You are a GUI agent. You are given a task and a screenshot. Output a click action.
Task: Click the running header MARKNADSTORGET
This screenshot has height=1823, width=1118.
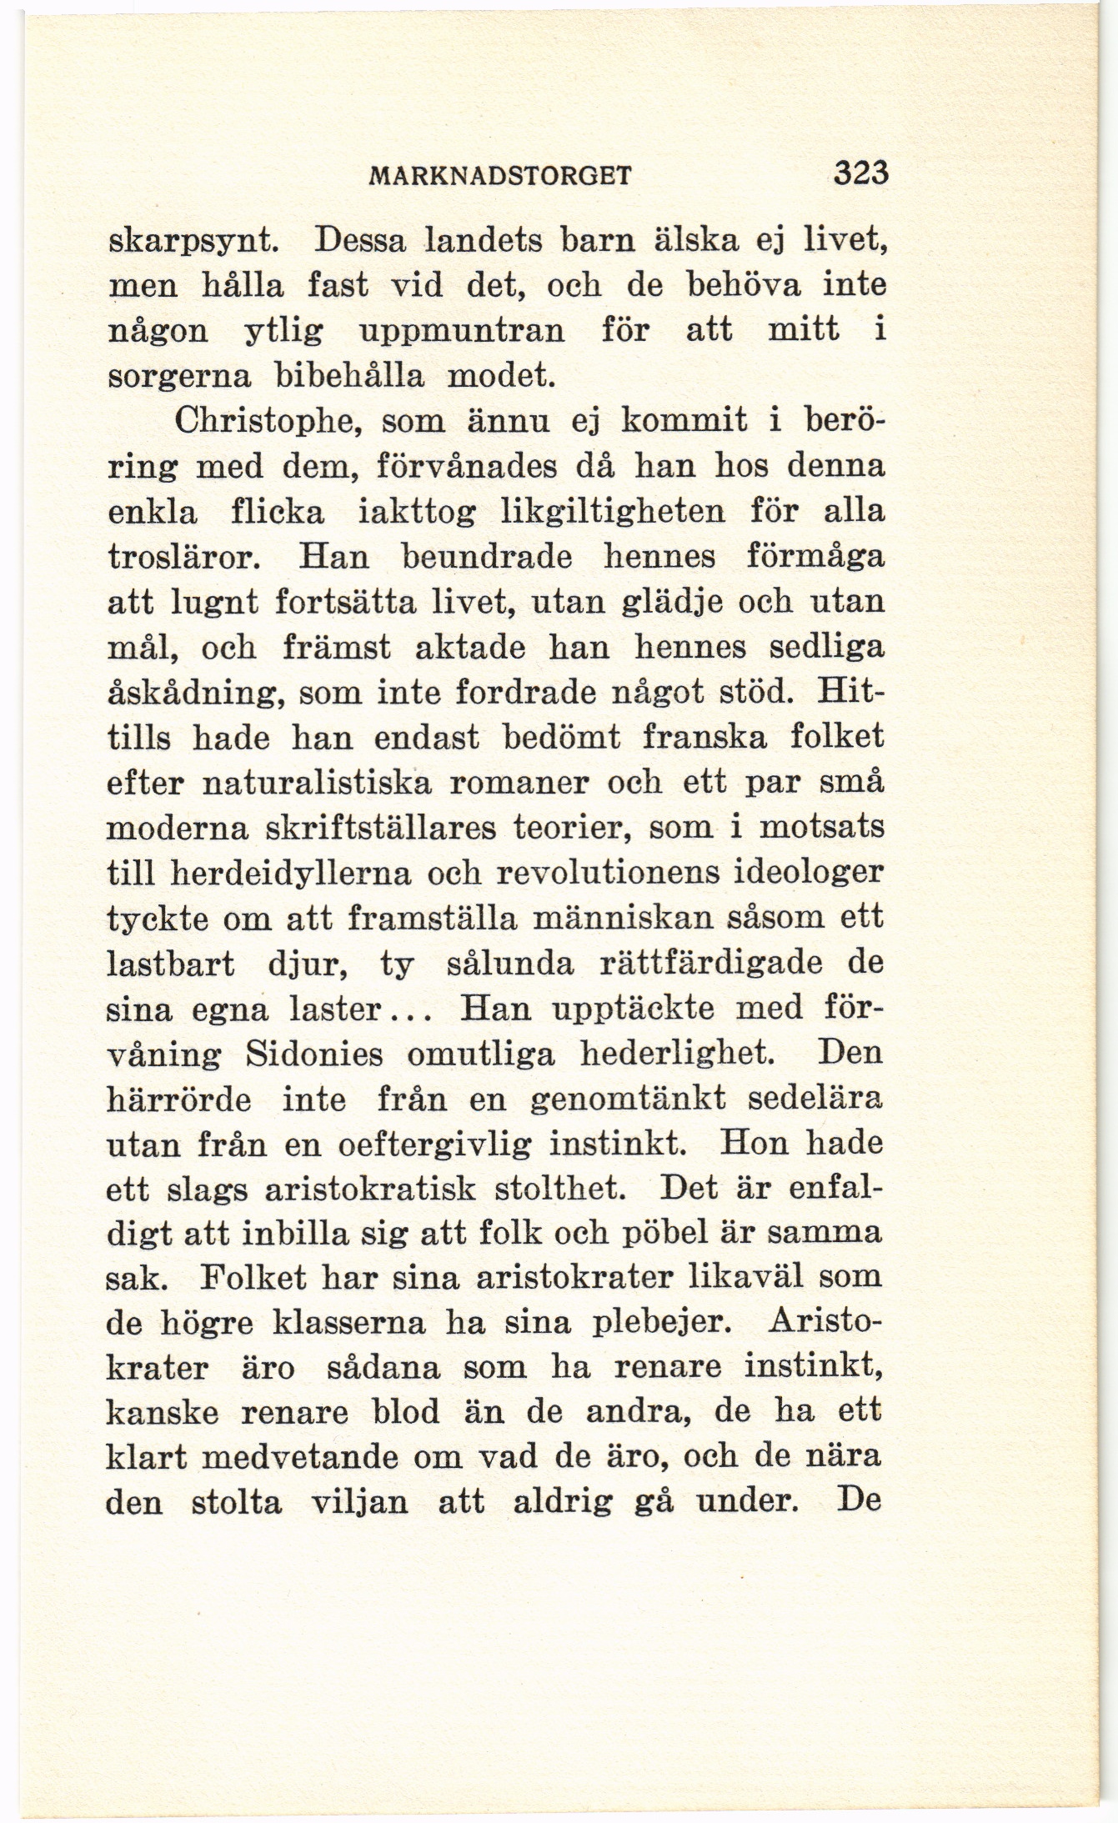coord(499,177)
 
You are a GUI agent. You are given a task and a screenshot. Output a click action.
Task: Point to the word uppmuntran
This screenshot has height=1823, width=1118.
coord(461,331)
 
